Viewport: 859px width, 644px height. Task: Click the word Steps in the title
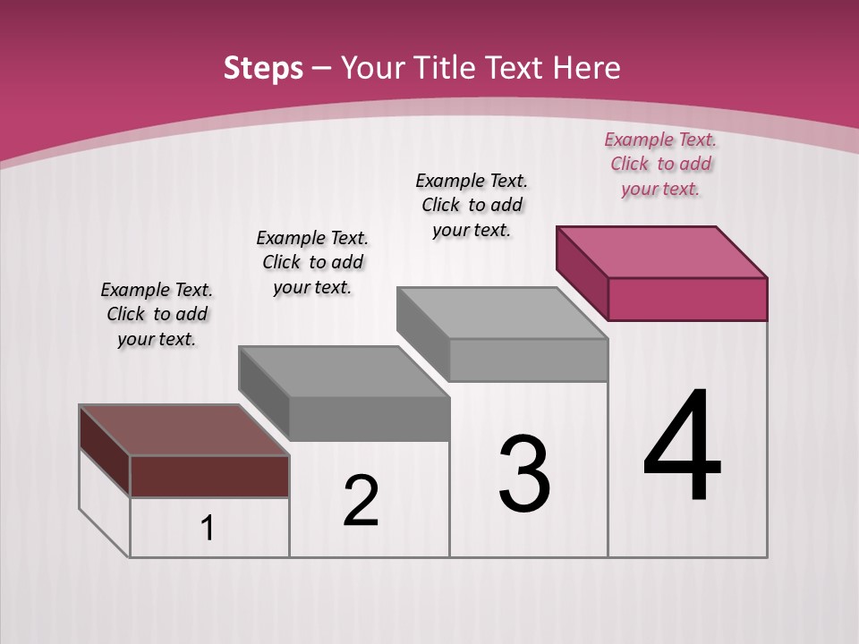pos(263,68)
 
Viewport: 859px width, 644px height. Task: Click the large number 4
pos(682,446)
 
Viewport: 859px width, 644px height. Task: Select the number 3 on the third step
pos(524,474)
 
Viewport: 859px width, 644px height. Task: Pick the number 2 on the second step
pos(361,501)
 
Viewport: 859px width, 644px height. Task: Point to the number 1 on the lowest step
pos(207,529)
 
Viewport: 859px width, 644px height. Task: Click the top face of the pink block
pos(661,251)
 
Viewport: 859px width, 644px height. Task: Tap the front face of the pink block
pos(687,299)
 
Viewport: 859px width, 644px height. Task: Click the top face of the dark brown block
pos(183,430)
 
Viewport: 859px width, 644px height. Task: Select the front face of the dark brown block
pos(209,476)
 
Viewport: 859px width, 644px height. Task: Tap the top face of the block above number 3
pos(502,312)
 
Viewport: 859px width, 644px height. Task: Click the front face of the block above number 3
pos(528,360)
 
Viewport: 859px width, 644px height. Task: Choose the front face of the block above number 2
pos(369,419)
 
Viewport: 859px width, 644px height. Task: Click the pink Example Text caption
pos(660,164)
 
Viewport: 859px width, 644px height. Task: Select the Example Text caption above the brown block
pos(157,314)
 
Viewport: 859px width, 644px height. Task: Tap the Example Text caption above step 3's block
pos(472,205)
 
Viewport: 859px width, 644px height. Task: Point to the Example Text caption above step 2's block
pos(312,262)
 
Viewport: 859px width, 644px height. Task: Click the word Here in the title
pos(589,68)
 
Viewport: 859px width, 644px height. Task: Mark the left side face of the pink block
pos(582,273)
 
